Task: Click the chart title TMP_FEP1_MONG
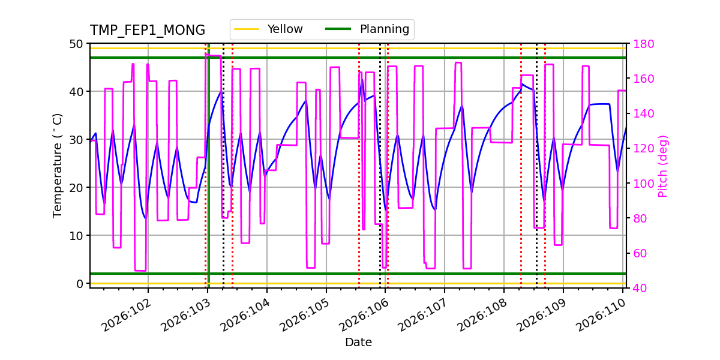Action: (x=148, y=31)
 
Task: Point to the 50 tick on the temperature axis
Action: (x=78, y=44)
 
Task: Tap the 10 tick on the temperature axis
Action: (x=78, y=235)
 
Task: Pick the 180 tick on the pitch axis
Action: (x=640, y=44)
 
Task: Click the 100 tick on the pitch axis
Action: (x=640, y=184)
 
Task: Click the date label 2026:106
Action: (x=362, y=316)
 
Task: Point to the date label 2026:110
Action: (x=600, y=316)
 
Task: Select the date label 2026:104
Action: (x=244, y=316)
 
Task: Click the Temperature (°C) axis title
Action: (x=58, y=166)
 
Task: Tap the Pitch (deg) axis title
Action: (x=663, y=166)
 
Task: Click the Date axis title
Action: (x=358, y=343)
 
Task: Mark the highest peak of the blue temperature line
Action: (x=362, y=79)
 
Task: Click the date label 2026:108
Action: (x=481, y=316)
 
